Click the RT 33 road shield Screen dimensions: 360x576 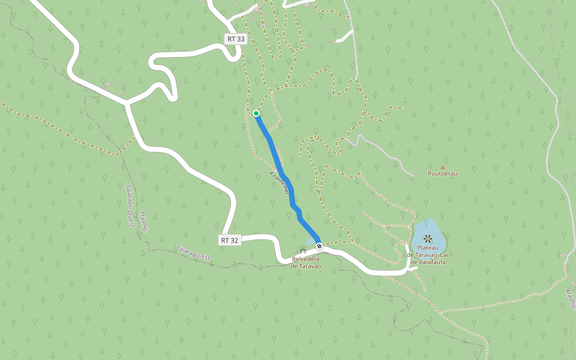tap(236, 39)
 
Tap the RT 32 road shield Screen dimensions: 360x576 tap(230, 240)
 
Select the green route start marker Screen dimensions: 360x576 tap(256, 113)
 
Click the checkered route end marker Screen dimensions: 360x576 tap(319, 245)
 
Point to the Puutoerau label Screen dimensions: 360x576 tap(442, 173)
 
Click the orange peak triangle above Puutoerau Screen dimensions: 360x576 tap(443, 167)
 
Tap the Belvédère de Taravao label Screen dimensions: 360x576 tap(306, 262)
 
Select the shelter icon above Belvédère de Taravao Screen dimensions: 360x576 tap(302, 251)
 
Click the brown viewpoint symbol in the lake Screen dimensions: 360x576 tap(428, 238)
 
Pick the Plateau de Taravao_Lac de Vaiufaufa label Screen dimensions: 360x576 tap(428, 255)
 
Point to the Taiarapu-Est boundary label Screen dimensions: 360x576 tap(194, 253)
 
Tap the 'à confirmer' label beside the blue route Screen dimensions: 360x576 tap(280, 181)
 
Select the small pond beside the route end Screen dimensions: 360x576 tap(310, 242)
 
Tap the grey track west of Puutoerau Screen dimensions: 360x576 tap(384, 155)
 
